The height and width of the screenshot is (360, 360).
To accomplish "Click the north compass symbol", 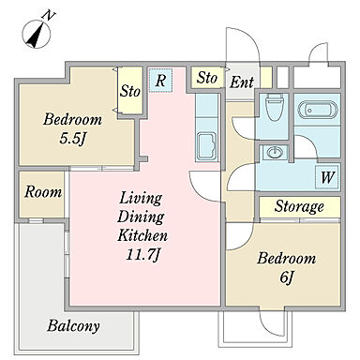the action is click(37, 34).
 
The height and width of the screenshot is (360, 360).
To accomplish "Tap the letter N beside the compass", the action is click(49, 15).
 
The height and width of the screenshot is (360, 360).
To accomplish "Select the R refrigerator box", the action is click(160, 81).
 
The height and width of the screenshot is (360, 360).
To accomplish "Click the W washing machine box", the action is click(327, 177).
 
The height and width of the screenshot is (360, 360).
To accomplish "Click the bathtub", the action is click(318, 110).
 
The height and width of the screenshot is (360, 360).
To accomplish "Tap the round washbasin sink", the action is click(275, 153).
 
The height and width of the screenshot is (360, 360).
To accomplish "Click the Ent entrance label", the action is click(242, 82).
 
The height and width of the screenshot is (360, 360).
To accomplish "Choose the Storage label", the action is click(299, 206).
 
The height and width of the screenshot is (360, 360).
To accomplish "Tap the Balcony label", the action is click(73, 326).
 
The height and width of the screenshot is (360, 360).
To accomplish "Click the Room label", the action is click(43, 192).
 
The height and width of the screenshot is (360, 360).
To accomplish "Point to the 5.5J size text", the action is click(72, 139).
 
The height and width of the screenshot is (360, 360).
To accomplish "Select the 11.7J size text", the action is click(143, 255).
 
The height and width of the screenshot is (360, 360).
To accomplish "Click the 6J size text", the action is click(286, 277).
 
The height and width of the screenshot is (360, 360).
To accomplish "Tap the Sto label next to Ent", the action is click(206, 78).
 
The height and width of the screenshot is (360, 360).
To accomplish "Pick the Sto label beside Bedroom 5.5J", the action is click(130, 91).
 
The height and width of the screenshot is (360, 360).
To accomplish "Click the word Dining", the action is click(141, 217).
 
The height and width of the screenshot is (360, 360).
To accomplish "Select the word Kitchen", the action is click(142, 235).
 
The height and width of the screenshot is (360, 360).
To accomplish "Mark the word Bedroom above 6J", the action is click(287, 259).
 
